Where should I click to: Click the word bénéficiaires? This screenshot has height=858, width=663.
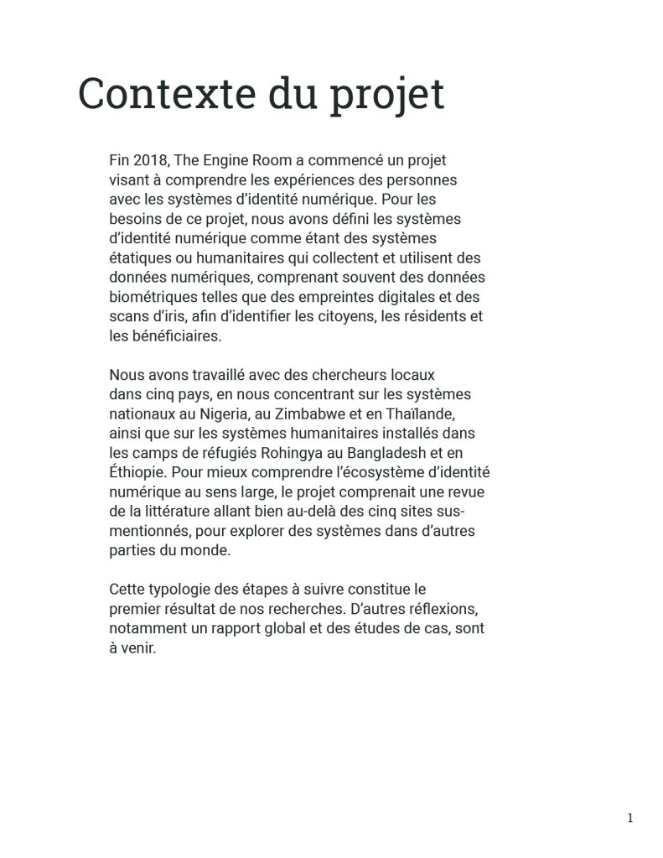171,335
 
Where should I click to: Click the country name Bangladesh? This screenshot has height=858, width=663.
394,453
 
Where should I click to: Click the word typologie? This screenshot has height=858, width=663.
179,589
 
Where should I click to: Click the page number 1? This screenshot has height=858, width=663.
630,819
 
